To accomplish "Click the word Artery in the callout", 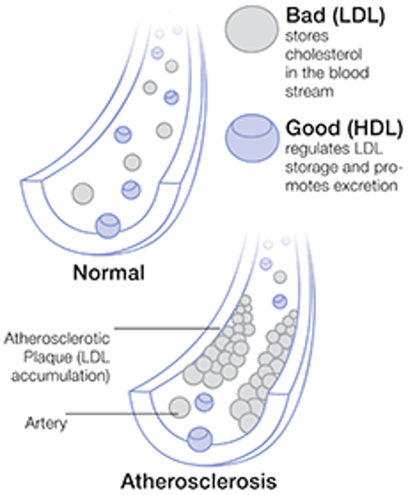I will point(46,423).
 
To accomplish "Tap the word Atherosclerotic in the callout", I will point(57,339).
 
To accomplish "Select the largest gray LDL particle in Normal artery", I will point(83,193).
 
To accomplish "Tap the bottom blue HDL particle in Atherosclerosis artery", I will point(199,439).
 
